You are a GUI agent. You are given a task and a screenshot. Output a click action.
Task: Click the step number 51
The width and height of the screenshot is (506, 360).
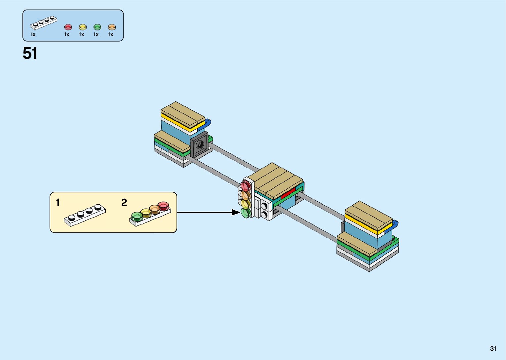(x=30, y=53)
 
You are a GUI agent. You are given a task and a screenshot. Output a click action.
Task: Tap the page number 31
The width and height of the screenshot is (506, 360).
(x=493, y=348)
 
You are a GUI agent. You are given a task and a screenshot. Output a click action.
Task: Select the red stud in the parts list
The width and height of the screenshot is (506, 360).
(x=68, y=27)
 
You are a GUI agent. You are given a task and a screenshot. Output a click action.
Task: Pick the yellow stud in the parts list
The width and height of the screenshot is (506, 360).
(x=82, y=27)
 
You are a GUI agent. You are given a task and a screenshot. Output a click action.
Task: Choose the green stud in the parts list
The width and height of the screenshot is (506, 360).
(x=97, y=27)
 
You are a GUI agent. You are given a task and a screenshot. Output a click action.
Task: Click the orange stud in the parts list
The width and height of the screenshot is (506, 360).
(x=112, y=27)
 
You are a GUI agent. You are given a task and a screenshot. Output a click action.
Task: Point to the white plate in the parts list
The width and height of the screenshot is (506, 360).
(x=44, y=22)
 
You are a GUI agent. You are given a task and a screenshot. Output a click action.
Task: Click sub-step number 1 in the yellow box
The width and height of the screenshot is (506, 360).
(x=58, y=202)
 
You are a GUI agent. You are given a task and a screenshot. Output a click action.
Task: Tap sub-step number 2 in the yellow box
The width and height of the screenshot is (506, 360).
(x=124, y=202)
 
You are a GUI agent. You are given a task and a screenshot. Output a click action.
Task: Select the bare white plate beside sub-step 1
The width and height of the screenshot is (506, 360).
(x=85, y=215)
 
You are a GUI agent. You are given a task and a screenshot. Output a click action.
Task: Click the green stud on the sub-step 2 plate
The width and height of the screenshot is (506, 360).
(x=137, y=217)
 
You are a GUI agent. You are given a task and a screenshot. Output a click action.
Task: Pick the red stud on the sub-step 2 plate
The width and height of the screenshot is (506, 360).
(x=163, y=206)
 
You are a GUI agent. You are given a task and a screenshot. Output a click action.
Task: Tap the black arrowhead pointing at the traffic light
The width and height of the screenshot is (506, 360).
(x=236, y=212)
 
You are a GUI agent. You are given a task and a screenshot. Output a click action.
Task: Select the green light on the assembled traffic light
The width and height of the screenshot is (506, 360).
(x=245, y=213)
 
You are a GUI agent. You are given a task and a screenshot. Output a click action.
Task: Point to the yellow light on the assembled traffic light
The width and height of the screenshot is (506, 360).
(x=246, y=204)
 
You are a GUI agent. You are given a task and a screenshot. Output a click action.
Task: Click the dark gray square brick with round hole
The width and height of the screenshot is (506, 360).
(x=199, y=145)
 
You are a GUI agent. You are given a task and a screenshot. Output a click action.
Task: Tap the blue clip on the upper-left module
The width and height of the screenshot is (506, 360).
(x=208, y=123)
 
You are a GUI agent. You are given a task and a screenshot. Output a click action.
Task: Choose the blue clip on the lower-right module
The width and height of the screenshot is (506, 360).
(x=395, y=225)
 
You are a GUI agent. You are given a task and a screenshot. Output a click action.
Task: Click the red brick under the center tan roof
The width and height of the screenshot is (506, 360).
(x=288, y=193)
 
